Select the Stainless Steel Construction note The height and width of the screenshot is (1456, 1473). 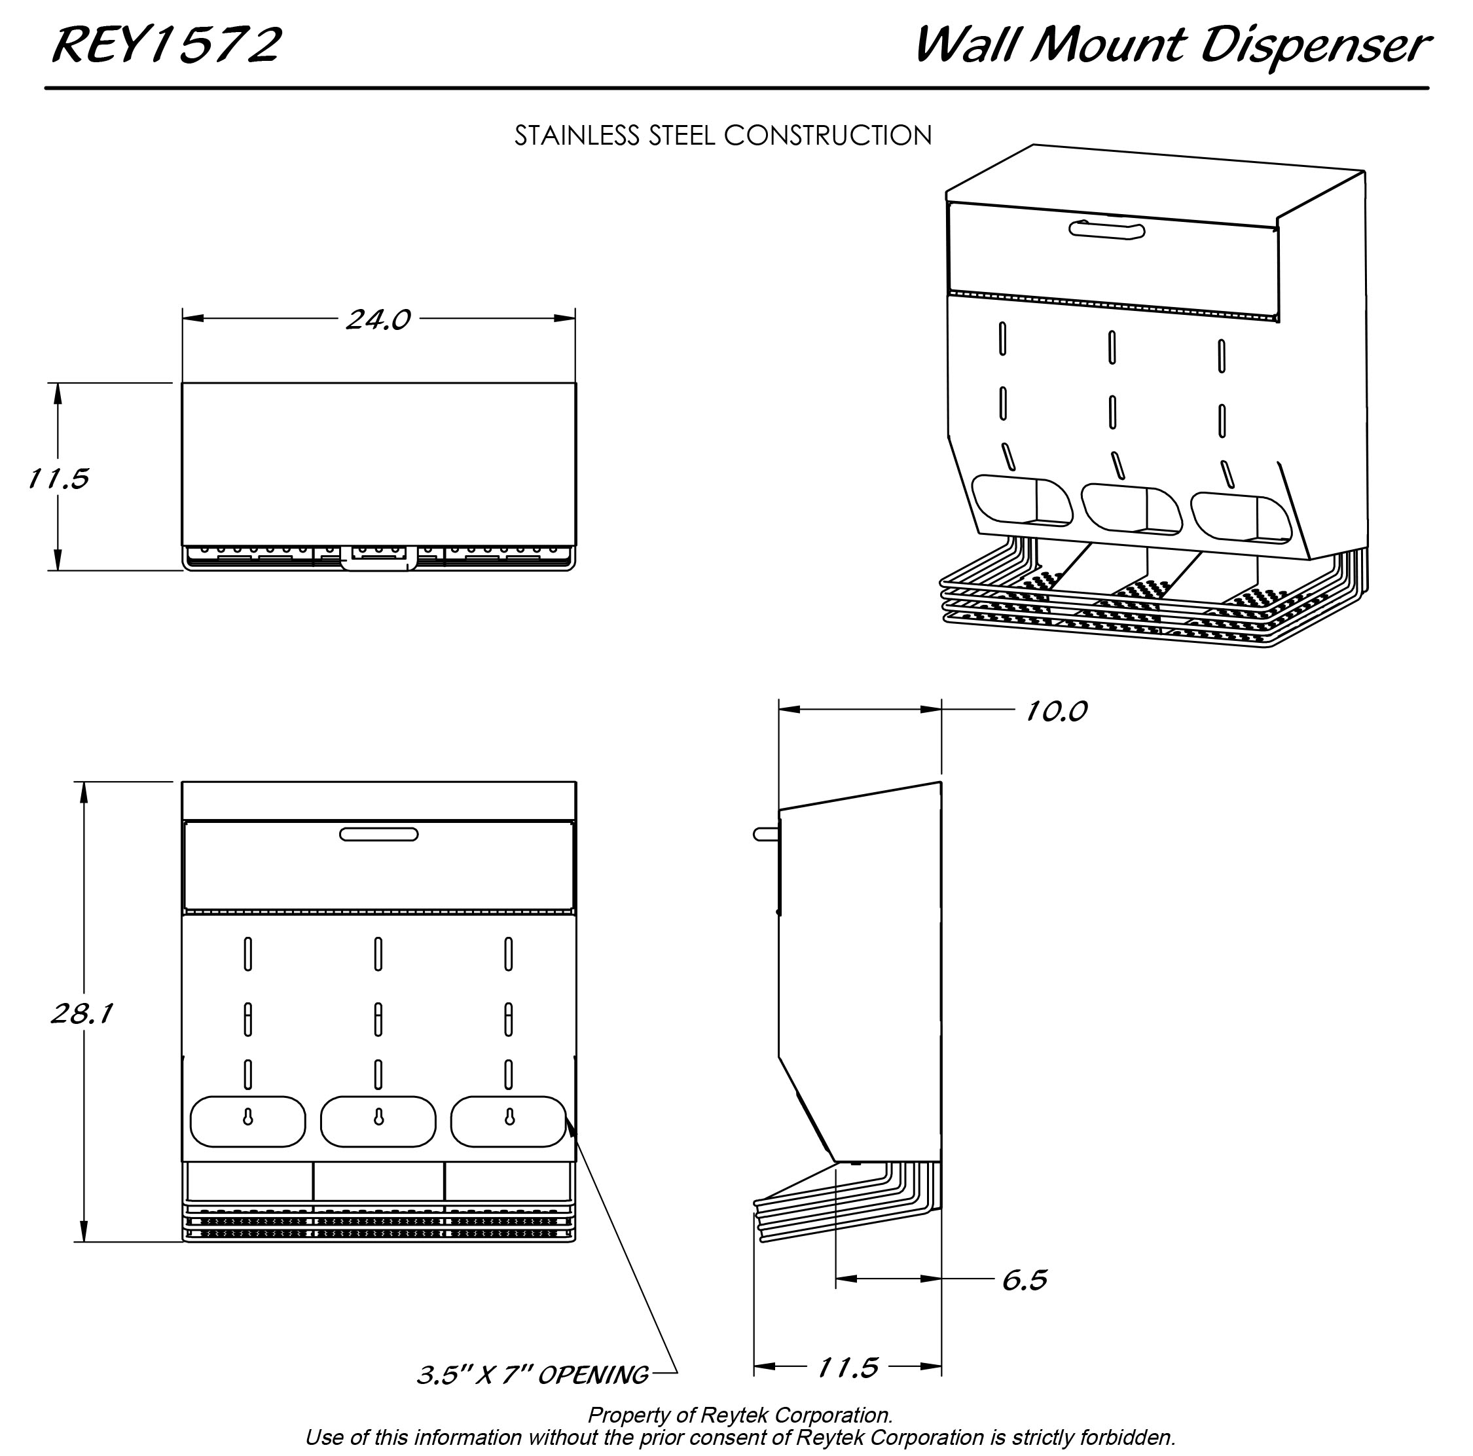722,136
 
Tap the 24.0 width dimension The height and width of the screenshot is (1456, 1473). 378,319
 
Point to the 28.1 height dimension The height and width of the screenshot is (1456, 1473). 82,1014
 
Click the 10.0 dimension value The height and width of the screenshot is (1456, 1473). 1055,711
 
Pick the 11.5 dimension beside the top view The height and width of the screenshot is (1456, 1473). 58,479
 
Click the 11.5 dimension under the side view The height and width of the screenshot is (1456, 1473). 848,1368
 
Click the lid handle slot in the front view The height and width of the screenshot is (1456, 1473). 378,835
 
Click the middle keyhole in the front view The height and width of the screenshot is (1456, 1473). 378,1117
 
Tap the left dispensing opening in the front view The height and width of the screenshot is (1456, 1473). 247,1121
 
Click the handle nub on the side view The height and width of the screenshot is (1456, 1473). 765,834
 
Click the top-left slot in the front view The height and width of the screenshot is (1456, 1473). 247,954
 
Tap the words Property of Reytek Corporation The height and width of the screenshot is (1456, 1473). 740,1415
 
